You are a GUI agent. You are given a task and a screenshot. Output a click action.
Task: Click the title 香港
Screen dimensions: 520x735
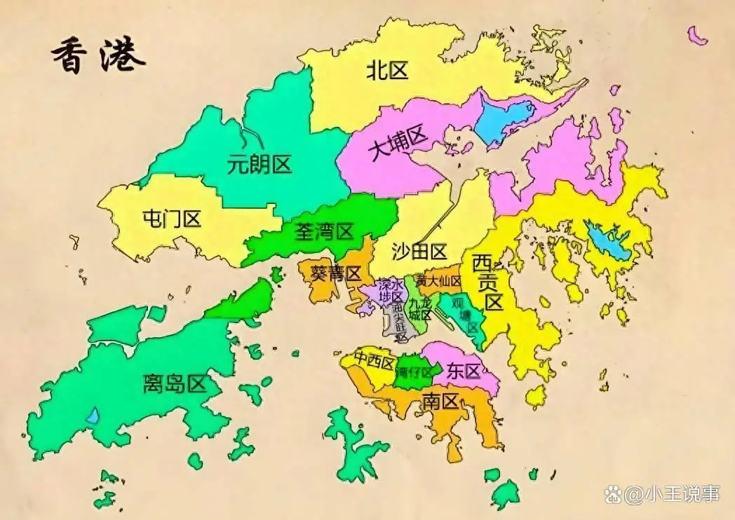[97, 55]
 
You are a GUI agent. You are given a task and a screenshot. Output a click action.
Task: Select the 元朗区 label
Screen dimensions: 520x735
[259, 165]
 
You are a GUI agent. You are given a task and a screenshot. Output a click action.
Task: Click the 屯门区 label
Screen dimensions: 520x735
[171, 219]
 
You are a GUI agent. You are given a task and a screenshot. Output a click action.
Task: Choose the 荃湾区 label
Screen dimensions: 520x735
[323, 231]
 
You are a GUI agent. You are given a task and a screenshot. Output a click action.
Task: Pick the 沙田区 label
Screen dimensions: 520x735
[419, 252]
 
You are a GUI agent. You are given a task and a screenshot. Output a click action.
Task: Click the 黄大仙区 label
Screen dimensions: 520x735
[438, 280]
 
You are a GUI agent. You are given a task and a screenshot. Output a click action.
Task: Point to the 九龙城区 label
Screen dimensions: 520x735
[421, 309]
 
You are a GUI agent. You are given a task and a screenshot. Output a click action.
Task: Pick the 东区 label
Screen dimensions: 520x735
[463, 371]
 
